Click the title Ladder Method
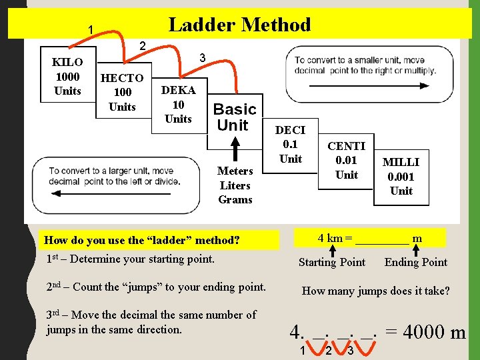click(239, 25)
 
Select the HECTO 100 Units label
click(122, 92)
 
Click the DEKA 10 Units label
click(178, 105)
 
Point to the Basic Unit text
click(234, 117)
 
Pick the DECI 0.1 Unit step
click(290, 145)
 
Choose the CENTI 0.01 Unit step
click(346, 161)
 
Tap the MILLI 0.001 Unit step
click(401, 176)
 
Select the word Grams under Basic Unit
click(235, 199)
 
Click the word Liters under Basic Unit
click(235, 185)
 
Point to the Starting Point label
click(332, 262)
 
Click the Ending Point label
click(416, 262)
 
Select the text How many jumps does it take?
click(376, 291)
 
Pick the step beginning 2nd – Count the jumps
click(156, 287)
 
